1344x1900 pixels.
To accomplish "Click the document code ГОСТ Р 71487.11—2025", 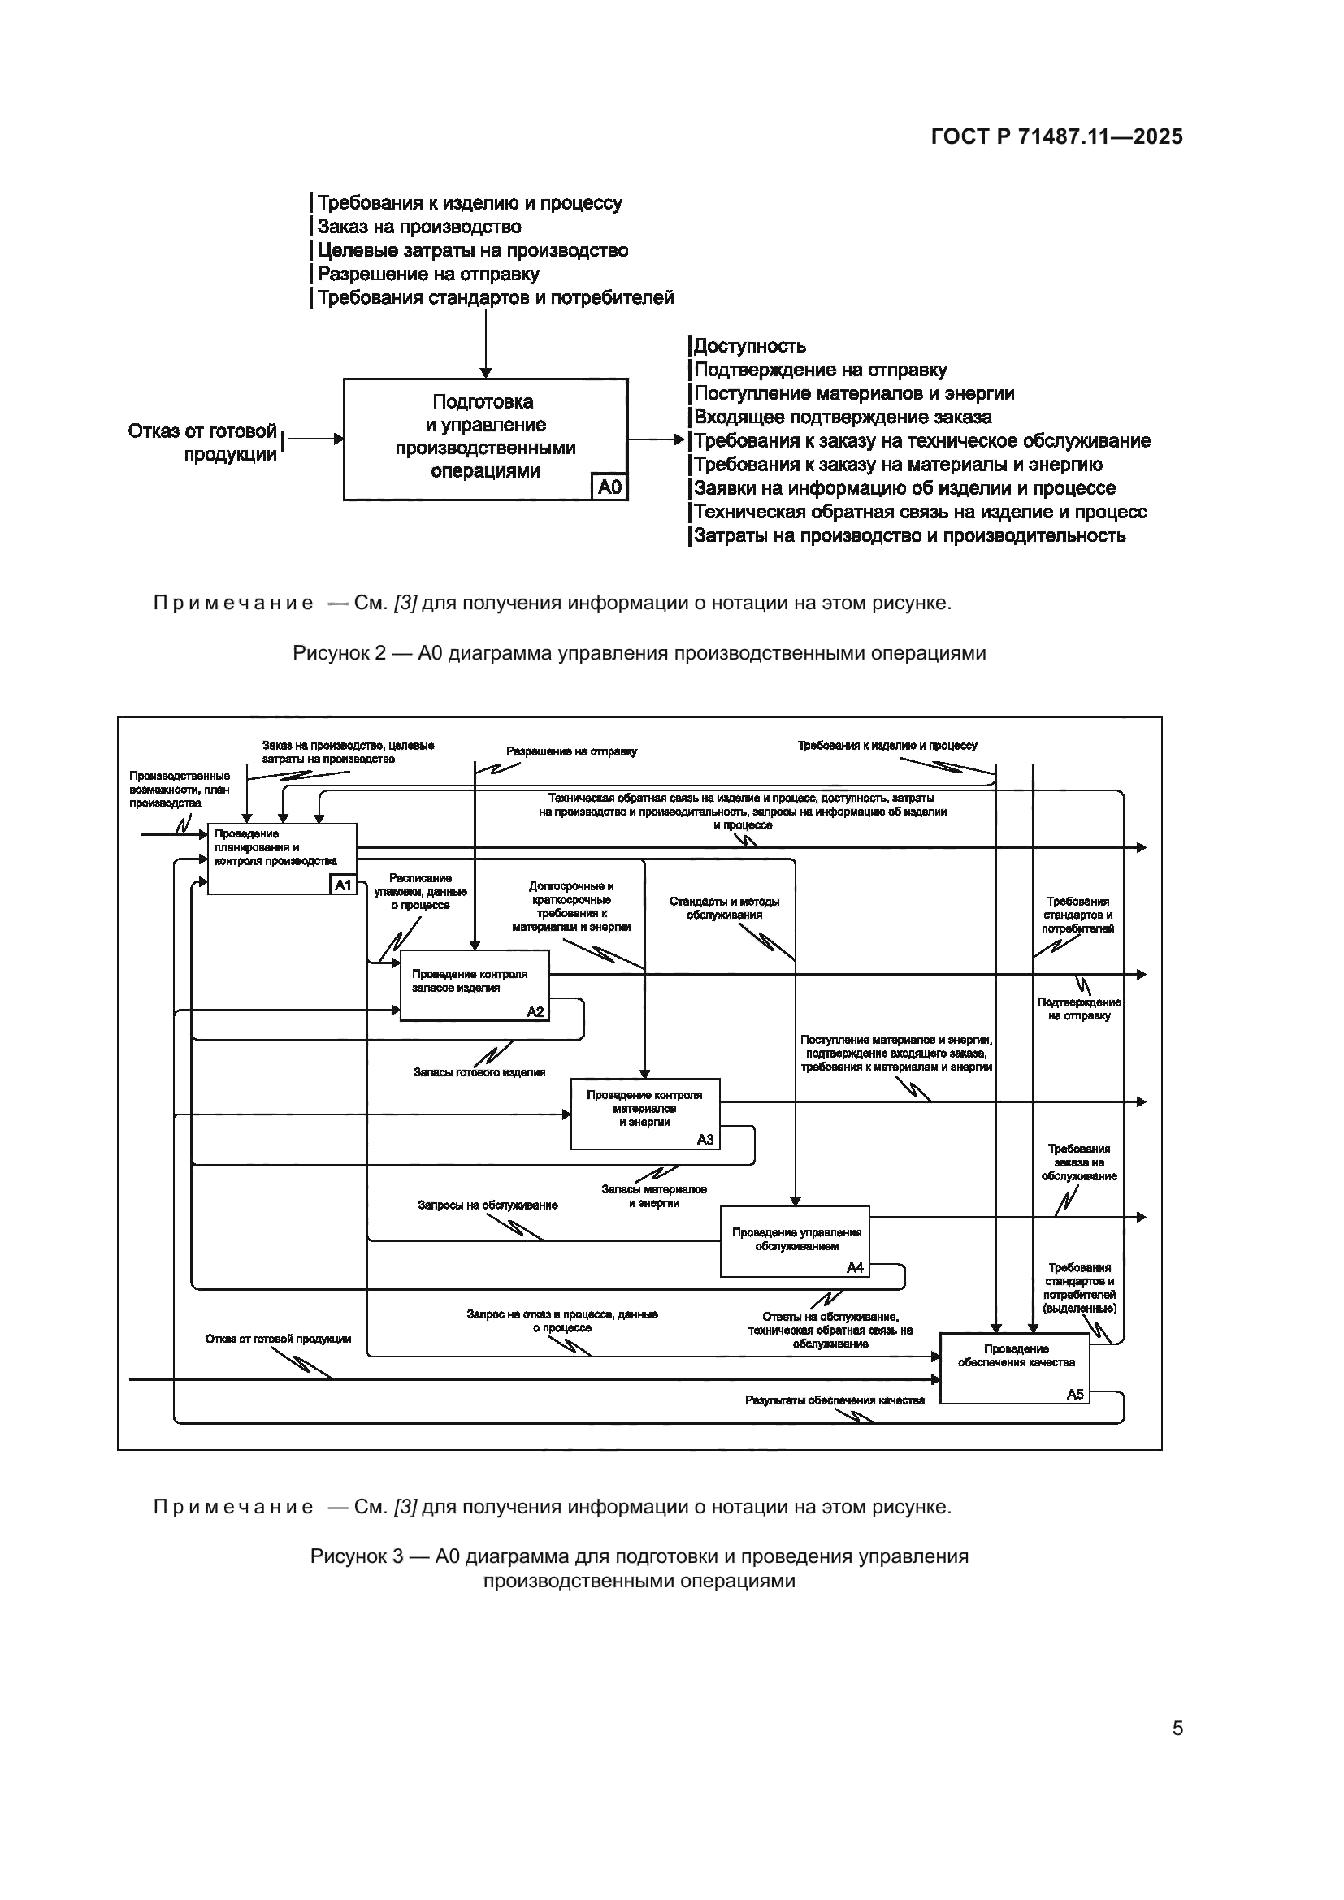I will tap(1056, 136).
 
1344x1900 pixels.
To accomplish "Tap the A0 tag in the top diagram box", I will tap(609, 487).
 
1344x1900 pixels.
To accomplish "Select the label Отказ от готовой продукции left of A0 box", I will tap(202, 442).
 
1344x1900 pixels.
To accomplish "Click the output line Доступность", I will tap(749, 346).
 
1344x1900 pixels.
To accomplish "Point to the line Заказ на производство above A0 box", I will tap(418, 227).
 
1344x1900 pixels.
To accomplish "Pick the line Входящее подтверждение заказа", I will tap(842, 417).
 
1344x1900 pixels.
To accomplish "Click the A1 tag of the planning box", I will tap(343, 885).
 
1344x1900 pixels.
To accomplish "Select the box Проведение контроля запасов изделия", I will tap(474, 985).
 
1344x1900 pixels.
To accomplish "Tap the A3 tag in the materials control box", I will tap(705, 1140).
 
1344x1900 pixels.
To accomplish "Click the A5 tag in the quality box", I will tap(1074, 1395).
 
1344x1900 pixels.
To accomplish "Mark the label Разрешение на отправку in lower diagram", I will tap(571, 751).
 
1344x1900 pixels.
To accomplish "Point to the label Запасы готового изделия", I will tap(479, 1072).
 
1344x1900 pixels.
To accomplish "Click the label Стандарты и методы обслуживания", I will tap(724, 908).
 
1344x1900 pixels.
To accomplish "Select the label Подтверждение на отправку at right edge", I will tap(1078, 1009).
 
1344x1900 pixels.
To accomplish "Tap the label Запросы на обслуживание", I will tap(488, 1205).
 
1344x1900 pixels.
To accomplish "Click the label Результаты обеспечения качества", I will tap(835, 1400).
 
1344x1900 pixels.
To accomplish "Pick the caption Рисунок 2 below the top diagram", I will tap(638, 653).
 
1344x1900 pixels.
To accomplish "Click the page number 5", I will tap(1177, 1728).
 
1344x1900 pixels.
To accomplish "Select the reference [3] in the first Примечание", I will tap(405, 603).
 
